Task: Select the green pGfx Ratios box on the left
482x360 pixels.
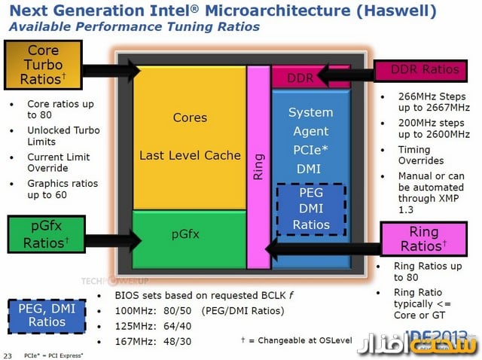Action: coord(46,233)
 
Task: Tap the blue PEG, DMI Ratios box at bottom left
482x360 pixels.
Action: coord(47,315)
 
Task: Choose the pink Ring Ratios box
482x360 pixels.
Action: coord(423,239)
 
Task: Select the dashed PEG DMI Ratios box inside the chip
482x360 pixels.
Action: coord(310,209)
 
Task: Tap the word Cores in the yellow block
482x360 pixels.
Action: coord(190,117)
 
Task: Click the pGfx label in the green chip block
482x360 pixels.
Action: coord(184,234)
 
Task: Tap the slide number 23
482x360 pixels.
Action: coord(8,355)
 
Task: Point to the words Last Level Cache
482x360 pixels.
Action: coord(190,155)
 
